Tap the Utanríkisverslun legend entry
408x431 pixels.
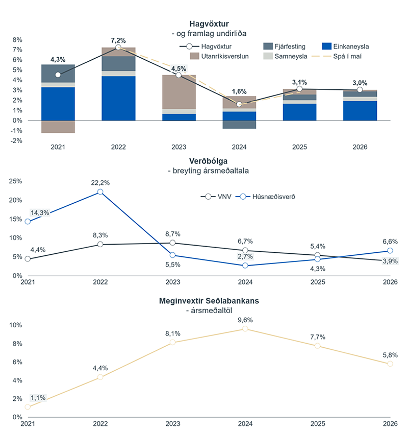(219, 56)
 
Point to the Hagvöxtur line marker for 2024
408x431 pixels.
(239, 104)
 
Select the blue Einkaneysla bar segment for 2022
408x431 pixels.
(118, 98)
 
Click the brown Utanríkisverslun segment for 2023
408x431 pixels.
(179, 92)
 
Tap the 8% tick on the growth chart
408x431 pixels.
(17, 40)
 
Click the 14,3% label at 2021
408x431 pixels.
(39, 213)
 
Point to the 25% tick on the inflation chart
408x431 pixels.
(15, 181)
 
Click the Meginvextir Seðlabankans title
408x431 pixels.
(209, 301)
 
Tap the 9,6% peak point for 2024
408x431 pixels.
(245, 329)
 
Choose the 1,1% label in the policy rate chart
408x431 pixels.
(38, 398)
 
